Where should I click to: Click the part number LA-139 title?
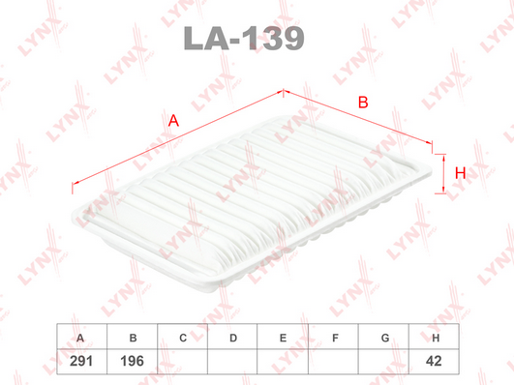tap(244, 39)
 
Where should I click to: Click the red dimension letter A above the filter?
tap(173, 120)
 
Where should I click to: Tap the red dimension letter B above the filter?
tap(363, 103)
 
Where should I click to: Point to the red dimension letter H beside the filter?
tap(460, 173)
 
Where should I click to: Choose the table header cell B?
tap(133, 337)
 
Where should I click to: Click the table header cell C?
tap(183, 337)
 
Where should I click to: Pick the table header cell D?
tap(232, 337)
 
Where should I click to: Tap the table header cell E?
tap(283, 337)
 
